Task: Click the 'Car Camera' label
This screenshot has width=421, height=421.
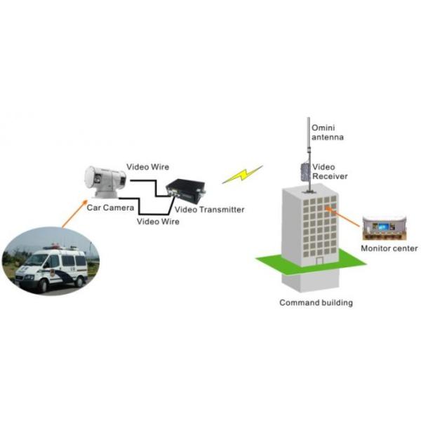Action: coord(105,208)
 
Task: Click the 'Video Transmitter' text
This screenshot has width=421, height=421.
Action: coord(209,209)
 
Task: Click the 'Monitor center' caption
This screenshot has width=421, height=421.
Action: coord(389,248)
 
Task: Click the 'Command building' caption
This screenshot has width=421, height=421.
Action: coord(316,303)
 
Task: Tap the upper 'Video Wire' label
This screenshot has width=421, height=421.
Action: coord(147,167)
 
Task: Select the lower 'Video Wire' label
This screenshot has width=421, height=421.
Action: coord(158,222)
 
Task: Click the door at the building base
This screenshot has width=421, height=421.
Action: coord(320,260)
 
